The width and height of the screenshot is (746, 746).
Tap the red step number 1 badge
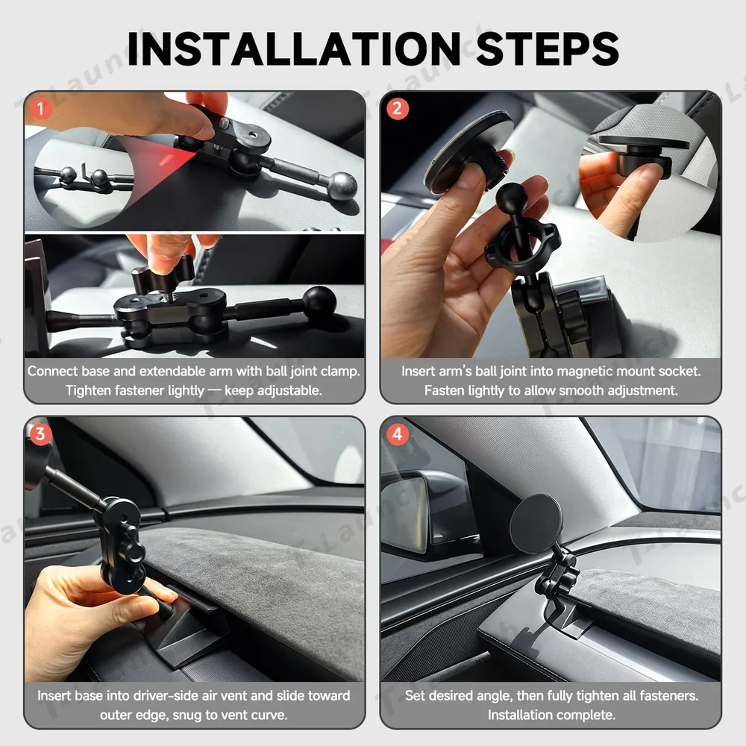pos(40,109)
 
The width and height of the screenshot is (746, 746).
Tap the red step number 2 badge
pos(397,109)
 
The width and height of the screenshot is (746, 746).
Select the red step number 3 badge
pos(40,433)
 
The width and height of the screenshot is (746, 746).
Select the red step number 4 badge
pos(397,433)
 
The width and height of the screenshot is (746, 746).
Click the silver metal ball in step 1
pos(342,184)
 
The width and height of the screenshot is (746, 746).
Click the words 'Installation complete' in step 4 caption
pos(552,715)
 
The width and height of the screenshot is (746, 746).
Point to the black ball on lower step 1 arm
pos(319,301)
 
